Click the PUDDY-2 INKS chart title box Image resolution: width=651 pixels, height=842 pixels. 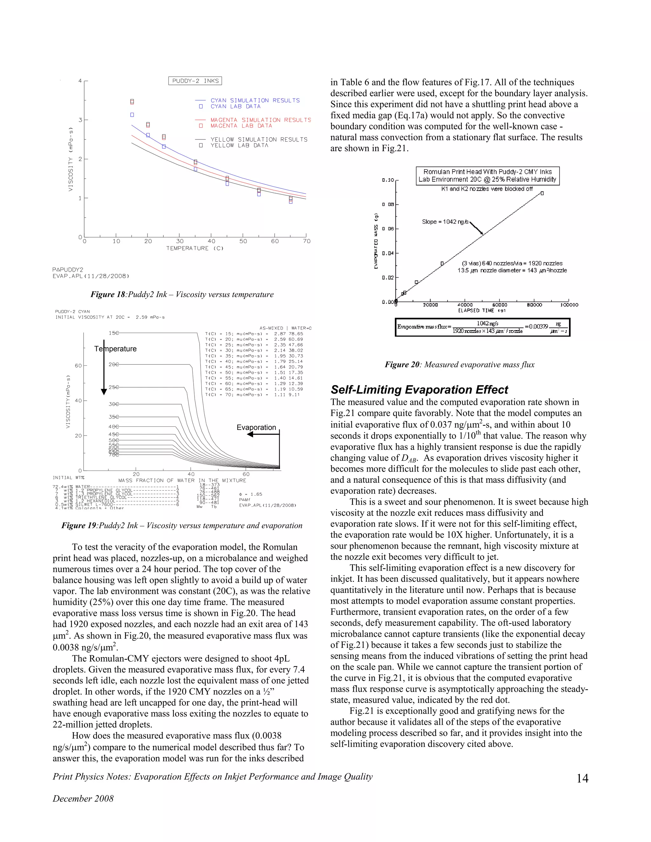(195, 81)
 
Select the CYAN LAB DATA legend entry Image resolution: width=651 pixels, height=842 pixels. (235, 106)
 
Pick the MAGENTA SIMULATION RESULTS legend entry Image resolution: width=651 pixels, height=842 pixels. (260, 120)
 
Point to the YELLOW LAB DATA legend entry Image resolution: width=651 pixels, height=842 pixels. (239, 145)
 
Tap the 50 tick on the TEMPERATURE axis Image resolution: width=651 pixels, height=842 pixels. (243, 241)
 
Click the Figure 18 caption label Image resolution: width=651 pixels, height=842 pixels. (108, 295)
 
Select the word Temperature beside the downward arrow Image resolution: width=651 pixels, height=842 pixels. (115, 349)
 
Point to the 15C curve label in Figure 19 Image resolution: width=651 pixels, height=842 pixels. (114, 333)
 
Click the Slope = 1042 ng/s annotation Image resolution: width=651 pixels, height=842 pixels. (445, 222)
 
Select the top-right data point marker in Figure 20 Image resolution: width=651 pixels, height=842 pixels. (542, 193)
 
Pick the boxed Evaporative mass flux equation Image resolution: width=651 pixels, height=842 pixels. (482, 327)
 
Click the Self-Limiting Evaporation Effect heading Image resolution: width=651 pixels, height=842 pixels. (419, 390)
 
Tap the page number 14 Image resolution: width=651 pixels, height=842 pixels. (582, 778)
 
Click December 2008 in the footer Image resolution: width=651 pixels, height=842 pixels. (83, 798)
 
